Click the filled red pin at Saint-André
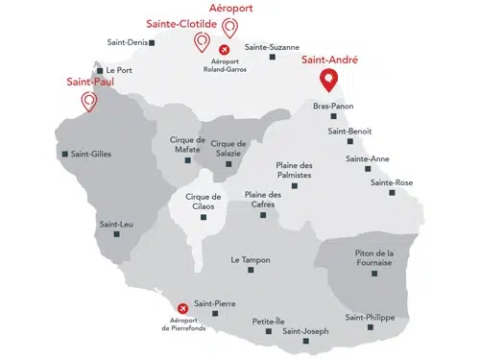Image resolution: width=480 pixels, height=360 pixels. click(328, 80)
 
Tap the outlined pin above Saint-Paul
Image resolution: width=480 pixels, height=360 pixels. click(90, 101)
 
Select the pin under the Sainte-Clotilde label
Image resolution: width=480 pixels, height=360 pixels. click(202, 41)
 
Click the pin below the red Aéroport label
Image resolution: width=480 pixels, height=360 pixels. click(228, 26)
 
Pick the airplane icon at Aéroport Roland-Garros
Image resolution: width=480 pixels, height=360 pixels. click(225, 49)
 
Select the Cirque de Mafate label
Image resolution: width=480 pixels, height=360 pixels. click(188, 144)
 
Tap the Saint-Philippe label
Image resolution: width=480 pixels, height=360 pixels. click(370, 318)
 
